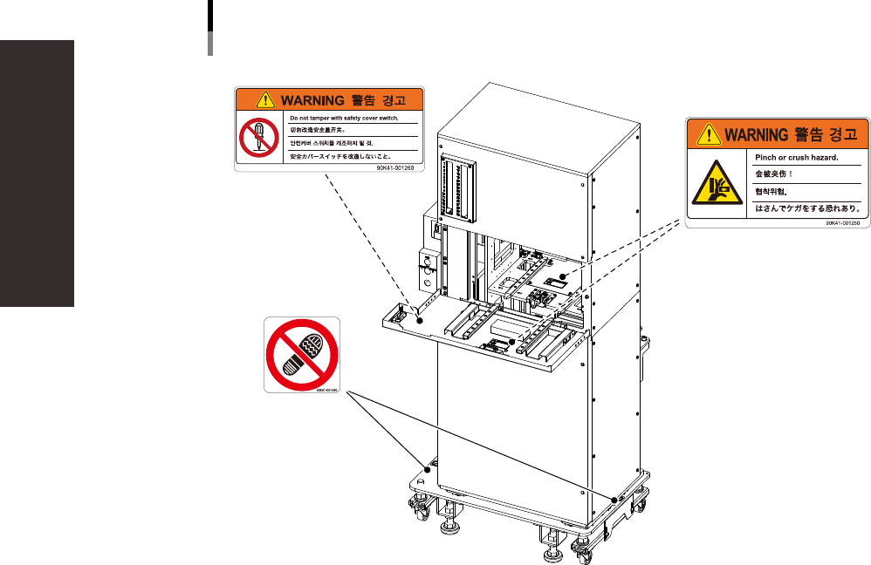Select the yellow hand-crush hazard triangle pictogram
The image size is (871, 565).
coord(717,180)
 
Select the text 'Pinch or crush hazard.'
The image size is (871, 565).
coord(795,158)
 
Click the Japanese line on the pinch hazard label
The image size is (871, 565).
coord(806,208)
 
